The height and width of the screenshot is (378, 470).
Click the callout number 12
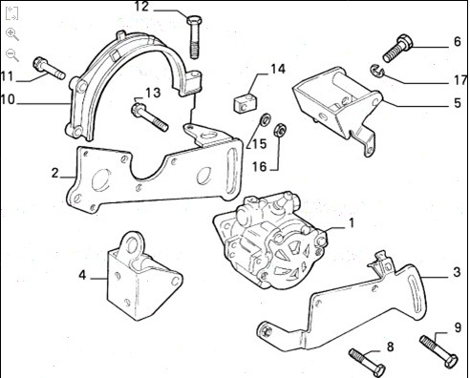tap(141, 7)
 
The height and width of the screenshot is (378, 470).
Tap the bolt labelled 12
tap(194, 37)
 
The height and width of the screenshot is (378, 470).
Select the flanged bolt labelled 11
tap(49, 68)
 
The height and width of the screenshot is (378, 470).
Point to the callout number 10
tap(8, 99)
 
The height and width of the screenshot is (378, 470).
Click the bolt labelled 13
tap(149, 117)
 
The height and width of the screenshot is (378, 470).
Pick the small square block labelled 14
tap(246, 103)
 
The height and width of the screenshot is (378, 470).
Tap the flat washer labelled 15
tap(265, 120)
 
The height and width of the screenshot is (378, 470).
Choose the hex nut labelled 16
tap(280, 129)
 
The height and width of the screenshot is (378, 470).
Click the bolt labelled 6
tap(397, 49)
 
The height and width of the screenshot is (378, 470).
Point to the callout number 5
tap(458, 103)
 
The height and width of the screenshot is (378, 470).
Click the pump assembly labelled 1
tap(270, 241)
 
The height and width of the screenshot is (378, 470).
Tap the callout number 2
tap(55, 173)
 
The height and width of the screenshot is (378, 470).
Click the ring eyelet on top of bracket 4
tap(131, 245)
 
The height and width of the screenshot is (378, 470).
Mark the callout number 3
tap(458, 272)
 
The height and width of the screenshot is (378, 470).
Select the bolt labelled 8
tap(367, 363)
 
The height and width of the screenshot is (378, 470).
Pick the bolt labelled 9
tap(439, 352)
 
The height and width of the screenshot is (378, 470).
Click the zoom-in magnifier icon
tap(12, 34)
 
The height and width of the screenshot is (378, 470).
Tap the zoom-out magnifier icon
tap(12, 55)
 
